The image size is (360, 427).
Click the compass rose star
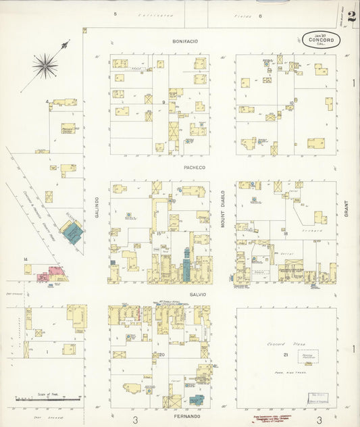click(x=45, y=66)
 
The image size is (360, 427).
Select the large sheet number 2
click(x=352, y=16)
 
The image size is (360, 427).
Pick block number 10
click(x=291, y=103)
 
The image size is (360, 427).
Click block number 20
click(x=162, y=354)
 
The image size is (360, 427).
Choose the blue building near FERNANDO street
click(x=196, y=400)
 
